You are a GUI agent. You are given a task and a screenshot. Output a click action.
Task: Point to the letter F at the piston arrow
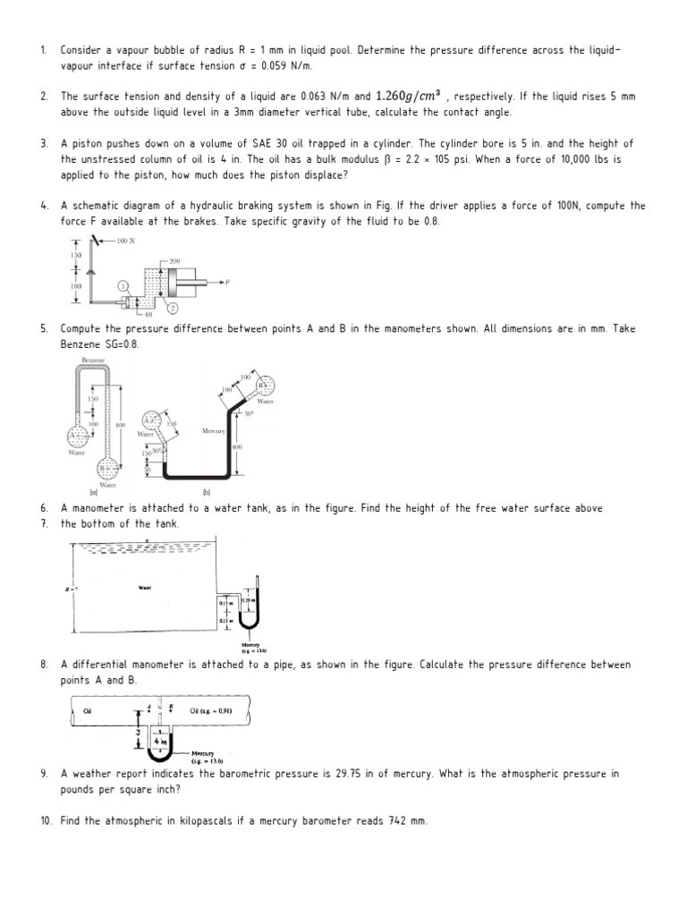(x=227, y=281)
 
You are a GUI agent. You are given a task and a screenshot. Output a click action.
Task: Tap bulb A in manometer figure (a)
(x=76, y=437)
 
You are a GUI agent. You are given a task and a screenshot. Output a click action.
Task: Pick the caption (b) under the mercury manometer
(x=206, y=492)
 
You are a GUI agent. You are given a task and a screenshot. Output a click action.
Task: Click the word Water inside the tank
(x=145, y=588)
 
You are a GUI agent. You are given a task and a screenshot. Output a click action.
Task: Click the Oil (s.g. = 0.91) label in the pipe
(x=207, y=711)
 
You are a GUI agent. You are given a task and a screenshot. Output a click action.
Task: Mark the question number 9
(x=44, y=773)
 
